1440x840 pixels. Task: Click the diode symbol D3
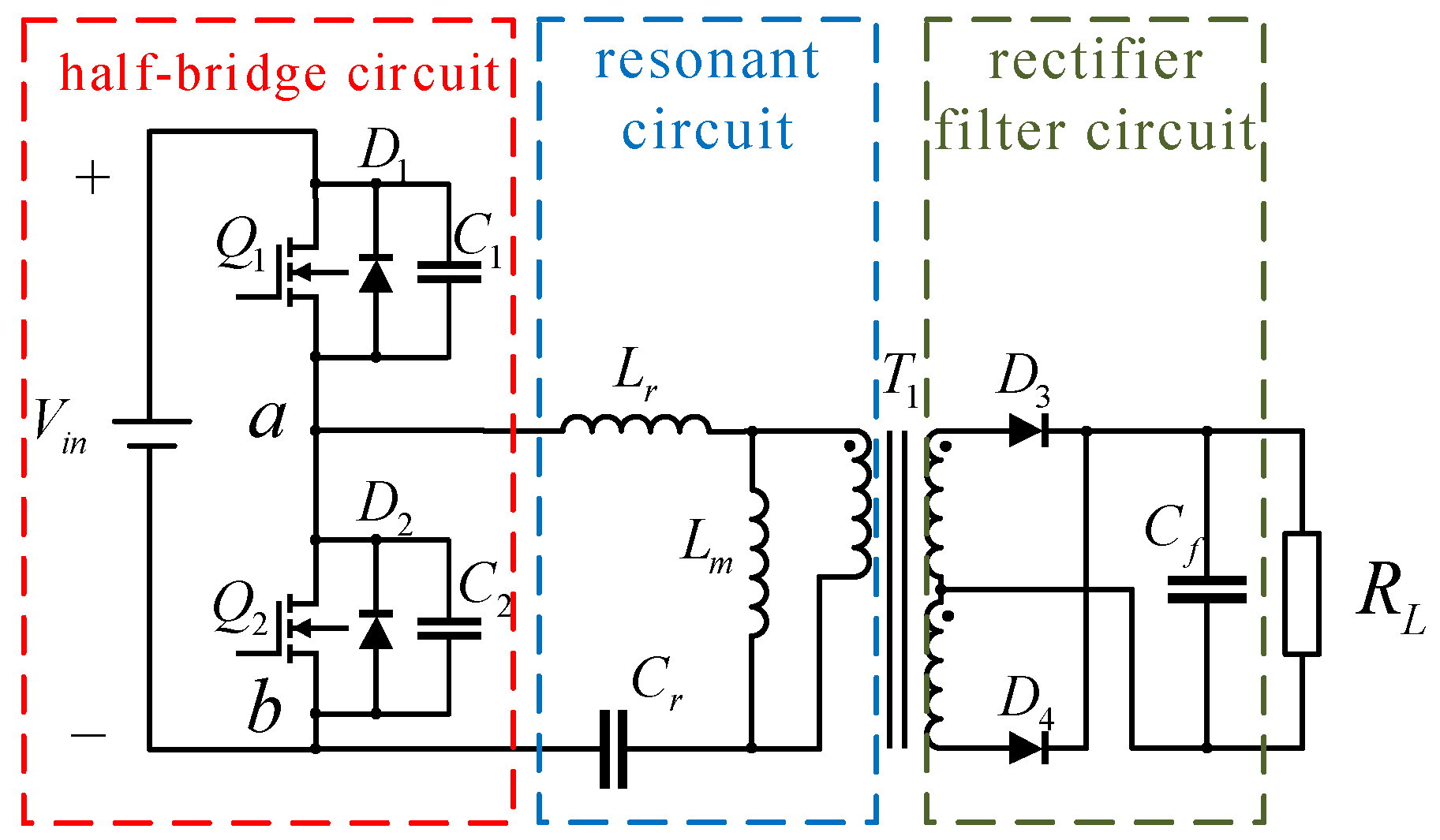1029,431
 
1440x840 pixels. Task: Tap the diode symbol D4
1029,747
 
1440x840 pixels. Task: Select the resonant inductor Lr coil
636,425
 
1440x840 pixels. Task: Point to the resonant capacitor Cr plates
613,749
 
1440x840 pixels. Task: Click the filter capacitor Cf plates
1206,589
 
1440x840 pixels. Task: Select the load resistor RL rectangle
1301,593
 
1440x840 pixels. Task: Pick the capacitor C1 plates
448,272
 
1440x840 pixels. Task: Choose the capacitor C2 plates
448,629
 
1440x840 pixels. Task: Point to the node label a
267,419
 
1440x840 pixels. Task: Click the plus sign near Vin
92,178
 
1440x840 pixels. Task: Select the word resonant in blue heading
707,61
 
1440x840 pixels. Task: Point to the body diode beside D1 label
376,273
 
